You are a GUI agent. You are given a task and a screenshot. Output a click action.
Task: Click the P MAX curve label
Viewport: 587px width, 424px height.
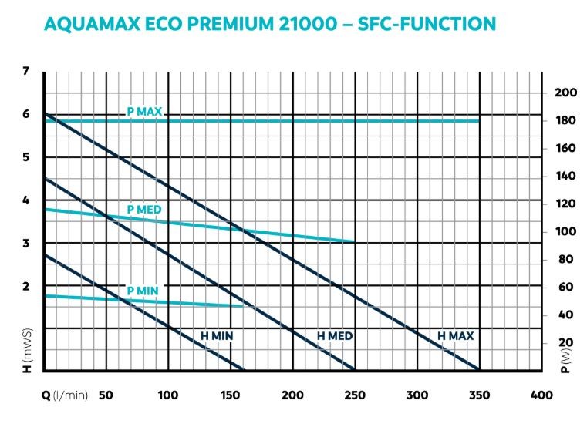(x=144, y=112)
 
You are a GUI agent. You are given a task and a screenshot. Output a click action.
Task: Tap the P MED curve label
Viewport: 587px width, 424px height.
(x=143, y=209)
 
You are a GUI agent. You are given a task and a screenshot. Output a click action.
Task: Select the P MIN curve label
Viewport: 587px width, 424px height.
(x=143, y=290)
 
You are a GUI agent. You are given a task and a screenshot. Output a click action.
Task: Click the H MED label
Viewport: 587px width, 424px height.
(x=335, y=336)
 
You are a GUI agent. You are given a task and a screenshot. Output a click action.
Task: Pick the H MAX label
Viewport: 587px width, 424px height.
(x=455, y=336)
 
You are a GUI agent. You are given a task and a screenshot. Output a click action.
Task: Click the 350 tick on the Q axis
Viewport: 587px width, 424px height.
(x=479, y=395)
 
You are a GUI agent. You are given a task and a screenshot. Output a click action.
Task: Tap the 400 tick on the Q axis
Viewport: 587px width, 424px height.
(x=541, y=395)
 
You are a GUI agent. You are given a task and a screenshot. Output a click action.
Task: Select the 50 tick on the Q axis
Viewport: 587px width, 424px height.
(x=106, y=395)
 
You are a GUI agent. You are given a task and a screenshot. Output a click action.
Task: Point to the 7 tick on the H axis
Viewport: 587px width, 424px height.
(x=25, y=71)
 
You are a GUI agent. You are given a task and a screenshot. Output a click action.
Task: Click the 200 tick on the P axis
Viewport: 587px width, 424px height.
(x=566, y=93)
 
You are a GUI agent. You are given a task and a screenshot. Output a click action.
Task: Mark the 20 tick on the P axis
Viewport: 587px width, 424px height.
(x=566, y=342)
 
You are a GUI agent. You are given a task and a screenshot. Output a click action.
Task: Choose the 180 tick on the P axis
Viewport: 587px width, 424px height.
(x=566, y=120)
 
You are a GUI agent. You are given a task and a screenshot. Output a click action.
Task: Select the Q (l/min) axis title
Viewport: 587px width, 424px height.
(x=65, y=395)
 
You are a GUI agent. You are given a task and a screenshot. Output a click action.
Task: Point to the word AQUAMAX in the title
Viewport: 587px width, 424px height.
(x=90, y=23)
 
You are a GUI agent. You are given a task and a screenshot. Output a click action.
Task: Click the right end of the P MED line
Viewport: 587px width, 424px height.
(x=354, y=241)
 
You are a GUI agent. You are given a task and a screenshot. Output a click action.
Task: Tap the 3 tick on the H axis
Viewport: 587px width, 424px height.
(x=25, y=244)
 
